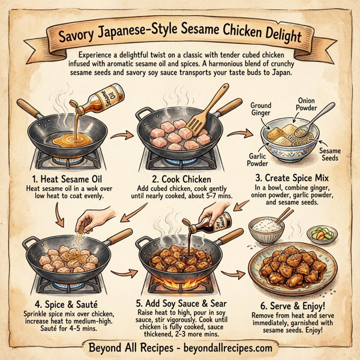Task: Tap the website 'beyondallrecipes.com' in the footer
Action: click(219, 347)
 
